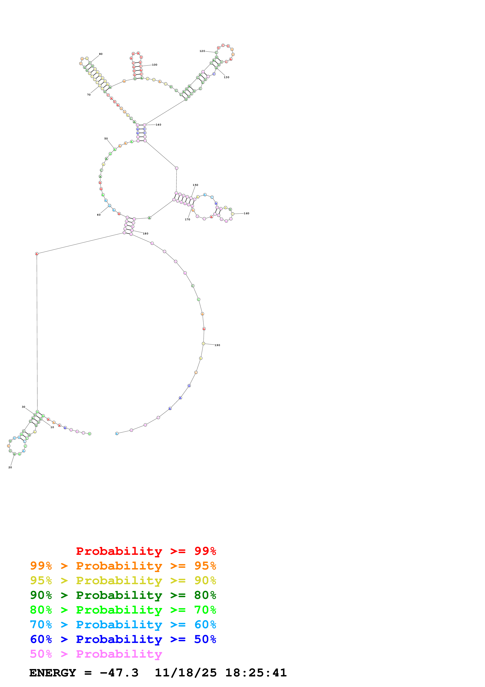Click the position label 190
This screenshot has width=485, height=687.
point(217,345)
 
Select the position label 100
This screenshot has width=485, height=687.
point(155,65)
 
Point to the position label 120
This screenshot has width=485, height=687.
point(202,51)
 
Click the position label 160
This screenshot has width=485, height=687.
point(246,213)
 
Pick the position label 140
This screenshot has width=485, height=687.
point(158,125)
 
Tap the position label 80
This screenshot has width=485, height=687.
point(101,54)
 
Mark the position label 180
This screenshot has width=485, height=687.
point(146,233)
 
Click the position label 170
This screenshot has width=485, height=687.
point(187,219)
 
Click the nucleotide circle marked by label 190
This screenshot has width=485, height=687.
point(203,343)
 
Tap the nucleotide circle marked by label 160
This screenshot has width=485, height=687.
point(232,214)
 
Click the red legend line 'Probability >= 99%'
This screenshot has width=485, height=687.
point(146,551)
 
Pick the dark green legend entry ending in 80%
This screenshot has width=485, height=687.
point(123,595)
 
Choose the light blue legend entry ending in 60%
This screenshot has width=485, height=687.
point(123,625)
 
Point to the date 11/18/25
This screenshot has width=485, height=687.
point(186,673)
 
